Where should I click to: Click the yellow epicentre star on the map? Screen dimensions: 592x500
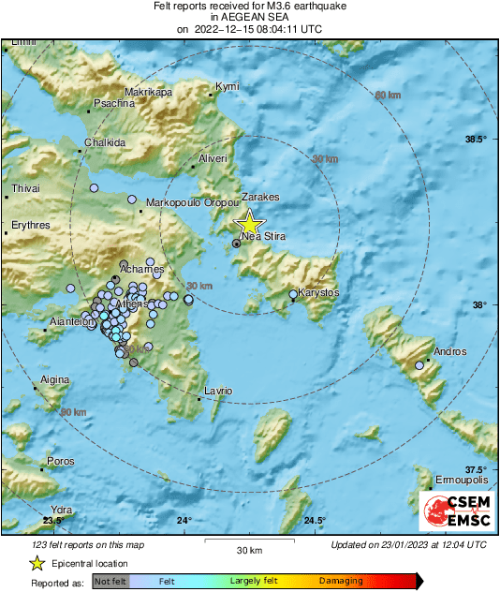249,224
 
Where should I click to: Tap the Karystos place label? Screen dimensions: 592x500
318,293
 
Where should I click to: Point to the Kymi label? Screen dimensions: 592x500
228,86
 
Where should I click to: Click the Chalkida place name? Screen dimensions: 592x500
105,142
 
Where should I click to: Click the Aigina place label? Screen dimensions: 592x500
54,379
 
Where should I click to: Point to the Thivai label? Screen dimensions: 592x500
25,189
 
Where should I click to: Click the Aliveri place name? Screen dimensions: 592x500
213,159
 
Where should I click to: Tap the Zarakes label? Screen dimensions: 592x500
261,198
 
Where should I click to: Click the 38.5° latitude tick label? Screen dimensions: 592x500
477,139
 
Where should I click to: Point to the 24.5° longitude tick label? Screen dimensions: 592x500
315,521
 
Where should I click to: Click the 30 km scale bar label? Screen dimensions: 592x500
248,548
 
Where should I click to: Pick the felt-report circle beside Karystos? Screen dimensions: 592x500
293,294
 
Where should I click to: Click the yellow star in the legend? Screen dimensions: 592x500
37,563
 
